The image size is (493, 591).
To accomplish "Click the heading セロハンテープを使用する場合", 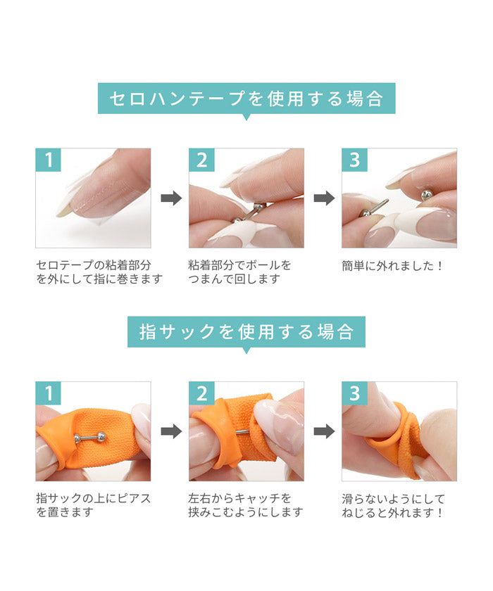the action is pyautogui.click(x=246, y=99).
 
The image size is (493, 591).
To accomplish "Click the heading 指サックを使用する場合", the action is pyautogui.click(x=246, y=331).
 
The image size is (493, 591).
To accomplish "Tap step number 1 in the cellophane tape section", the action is pyautogui.click(x=49, y=160).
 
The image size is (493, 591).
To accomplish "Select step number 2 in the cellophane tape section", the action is pyautogui.click(x=201, y=160).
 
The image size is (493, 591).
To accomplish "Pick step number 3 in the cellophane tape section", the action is pyautogui.click(x=354, y=160).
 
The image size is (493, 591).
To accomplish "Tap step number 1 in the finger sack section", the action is pyautogui.click(x=49, y=393).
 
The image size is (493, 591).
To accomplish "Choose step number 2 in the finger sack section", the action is pyautogui.click(x=201, y=393).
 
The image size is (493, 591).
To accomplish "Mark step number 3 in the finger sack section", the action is pyautogui.click(x=354, y=393).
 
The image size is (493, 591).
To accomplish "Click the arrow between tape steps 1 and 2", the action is pyautogui.click(x=171, y=198).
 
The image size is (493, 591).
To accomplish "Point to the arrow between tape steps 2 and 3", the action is pyautogui.click(x=325, y=198).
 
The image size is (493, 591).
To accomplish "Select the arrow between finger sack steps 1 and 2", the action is pyautogui.click(x=171, y=431).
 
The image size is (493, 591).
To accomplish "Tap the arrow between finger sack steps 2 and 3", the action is pyautogui.click(x=325, y=431).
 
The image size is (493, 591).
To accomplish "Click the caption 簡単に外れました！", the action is pyautogui.click(x=392, y=266).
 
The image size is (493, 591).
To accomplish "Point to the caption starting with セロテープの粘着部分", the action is pyautogui.click(x=99, y=272).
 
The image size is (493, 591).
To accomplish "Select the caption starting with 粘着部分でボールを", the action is pyautogui.click(x=240, y=272).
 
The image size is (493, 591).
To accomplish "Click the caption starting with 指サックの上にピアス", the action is pyautogui.click(x=94, y=505).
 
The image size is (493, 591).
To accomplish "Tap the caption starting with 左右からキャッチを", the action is pyautogui.click(x=246, y=505).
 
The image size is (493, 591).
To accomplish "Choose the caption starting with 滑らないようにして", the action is pyautogui.click(x=394, y=505).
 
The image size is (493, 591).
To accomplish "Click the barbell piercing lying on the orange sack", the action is pyautogui.click(x=89, y=437).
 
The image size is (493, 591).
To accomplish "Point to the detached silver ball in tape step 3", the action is pyautogui.click(x=427, y=194).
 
